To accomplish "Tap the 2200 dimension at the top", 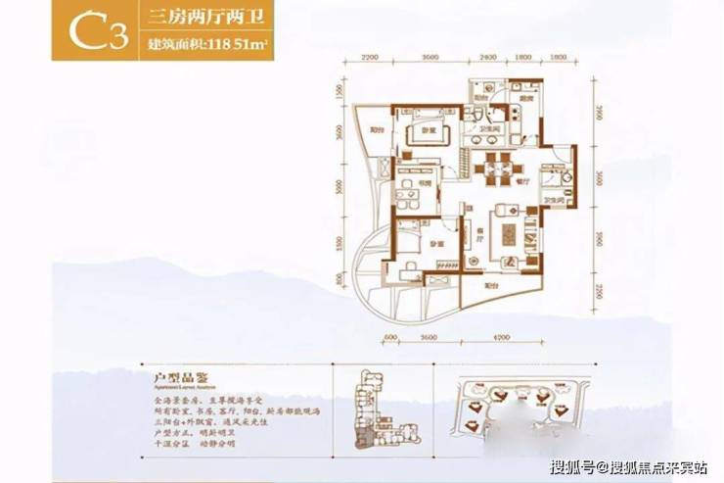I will pyautogui.click(x=369, y=58).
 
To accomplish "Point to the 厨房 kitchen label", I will pyautogui.click(x=525, y=99).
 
